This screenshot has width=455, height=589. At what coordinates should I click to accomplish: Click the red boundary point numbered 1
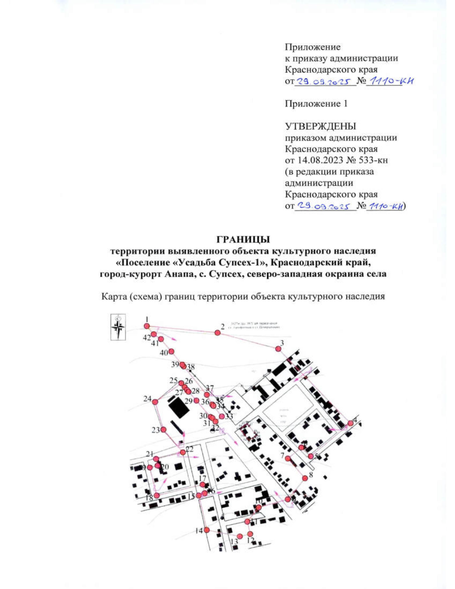147,326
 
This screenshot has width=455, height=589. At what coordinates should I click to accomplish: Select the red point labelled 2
217,333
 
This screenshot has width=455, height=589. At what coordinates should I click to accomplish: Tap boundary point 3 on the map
278,349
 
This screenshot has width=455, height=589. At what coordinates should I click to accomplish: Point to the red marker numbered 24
155,401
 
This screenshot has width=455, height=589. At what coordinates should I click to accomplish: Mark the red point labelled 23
163,430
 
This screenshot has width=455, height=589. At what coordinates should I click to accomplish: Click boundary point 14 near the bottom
207,530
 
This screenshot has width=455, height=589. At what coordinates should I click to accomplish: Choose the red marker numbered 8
305,478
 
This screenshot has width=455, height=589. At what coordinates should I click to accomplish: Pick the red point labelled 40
171,352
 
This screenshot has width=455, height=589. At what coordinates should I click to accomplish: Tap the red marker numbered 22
183,452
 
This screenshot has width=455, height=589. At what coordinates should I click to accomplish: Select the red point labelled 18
157,495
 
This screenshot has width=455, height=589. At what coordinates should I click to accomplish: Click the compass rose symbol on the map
118,327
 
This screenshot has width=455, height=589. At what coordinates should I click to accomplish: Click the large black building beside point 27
179,408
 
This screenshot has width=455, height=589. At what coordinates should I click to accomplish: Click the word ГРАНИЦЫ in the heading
243,240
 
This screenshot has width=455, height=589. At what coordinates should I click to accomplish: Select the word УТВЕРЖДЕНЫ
320,126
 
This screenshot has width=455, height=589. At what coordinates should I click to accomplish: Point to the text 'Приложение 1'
316,104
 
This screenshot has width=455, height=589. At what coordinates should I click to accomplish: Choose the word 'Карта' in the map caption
113,296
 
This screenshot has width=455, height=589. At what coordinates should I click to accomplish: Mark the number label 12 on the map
250,540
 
